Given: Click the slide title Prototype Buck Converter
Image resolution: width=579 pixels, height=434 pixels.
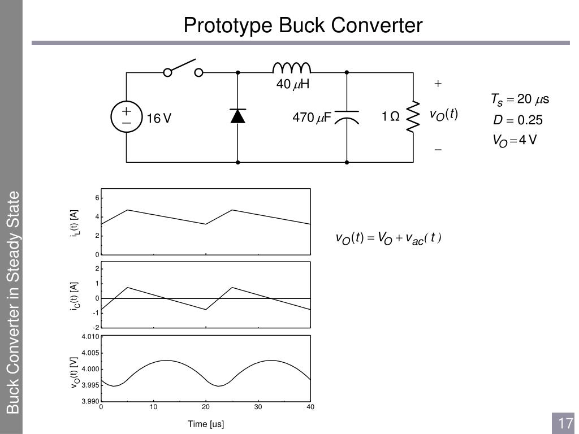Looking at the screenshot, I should [x=303, y=25].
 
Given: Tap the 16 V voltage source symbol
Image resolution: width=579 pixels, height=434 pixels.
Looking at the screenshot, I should [x=126, y=118].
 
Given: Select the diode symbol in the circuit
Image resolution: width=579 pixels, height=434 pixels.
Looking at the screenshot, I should [x=237, y=116].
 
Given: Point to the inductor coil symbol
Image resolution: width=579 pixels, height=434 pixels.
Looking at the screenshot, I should [x=292, y=68].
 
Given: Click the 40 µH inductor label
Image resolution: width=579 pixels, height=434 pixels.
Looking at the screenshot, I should [x=293, y=85].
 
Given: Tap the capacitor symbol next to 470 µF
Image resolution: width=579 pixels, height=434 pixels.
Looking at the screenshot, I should [x=347, y=116].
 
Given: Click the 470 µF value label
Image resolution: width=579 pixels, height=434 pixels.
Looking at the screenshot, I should [x=311, y=118].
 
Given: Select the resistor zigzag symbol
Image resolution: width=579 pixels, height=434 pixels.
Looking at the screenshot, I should [x=414, y=118].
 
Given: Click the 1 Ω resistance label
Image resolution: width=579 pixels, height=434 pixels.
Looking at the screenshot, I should [x=390, y=117].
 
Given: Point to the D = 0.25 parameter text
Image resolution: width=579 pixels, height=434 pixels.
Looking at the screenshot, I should [x=517, y=120].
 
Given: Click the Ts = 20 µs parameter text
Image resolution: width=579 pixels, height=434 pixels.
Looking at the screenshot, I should [x=520, y=100].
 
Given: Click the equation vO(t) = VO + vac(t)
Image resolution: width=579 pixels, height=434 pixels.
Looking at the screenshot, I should [x=388, y=238].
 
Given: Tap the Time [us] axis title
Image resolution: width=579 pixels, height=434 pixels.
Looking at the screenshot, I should [x=206, y=424].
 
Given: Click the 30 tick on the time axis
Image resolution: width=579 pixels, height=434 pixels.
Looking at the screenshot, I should [x=258, y=407].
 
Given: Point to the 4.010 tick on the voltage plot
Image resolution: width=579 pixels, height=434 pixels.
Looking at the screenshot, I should [x=90, y=337].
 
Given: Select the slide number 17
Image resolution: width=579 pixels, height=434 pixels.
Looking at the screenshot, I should [x=565, y=423].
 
